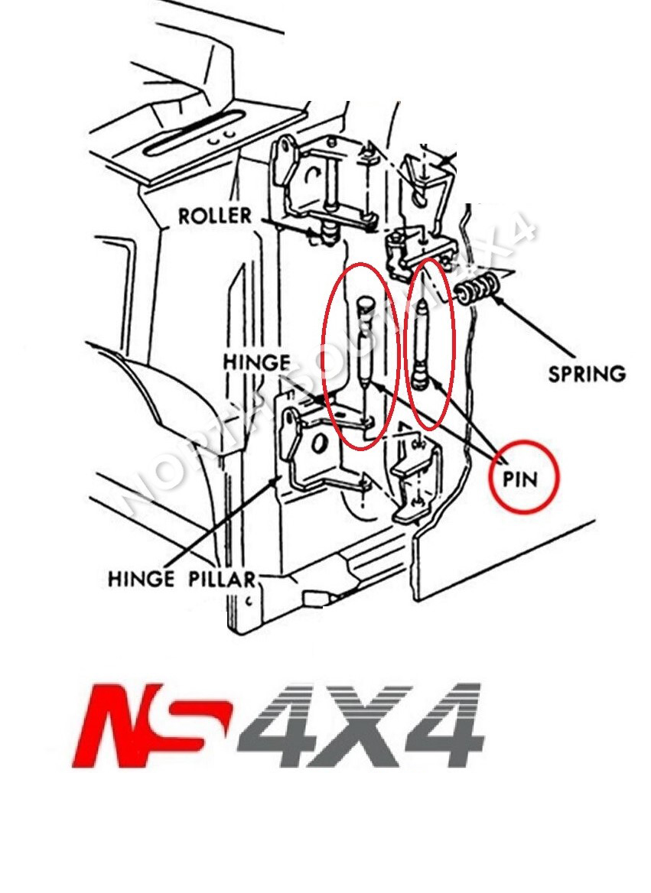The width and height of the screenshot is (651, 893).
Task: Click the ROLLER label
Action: pos(214,216)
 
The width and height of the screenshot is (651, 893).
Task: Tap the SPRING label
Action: pos(587,374)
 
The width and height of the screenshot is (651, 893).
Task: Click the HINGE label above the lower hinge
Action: pos(256,362)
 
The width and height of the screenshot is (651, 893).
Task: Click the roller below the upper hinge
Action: pos(328,230)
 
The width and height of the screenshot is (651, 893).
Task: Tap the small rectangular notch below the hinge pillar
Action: pos(314,596)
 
